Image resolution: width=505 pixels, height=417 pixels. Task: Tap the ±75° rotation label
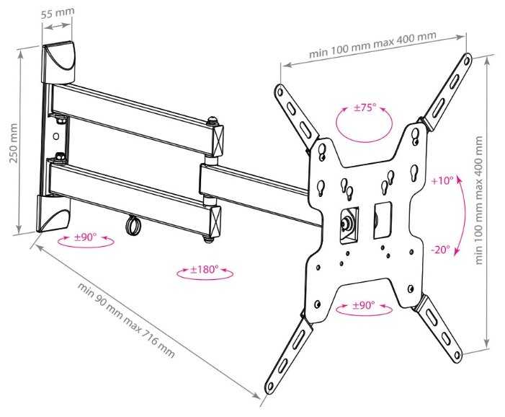tap(365, 107)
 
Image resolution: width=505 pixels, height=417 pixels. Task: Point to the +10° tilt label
tap(442, 180)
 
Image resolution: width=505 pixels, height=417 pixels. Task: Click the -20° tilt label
tap(440, 250)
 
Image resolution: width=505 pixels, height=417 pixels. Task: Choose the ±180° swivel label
tap(204, 270)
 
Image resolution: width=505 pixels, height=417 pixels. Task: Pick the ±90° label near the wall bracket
tap(85, 237)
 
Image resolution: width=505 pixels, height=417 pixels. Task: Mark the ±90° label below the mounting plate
tap(363, 305)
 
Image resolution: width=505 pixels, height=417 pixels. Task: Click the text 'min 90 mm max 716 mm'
tap(127, 320)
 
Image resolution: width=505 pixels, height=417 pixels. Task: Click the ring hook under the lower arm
tap(132, 224)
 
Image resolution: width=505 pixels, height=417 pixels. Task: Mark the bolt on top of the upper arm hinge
tap(213, 121)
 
